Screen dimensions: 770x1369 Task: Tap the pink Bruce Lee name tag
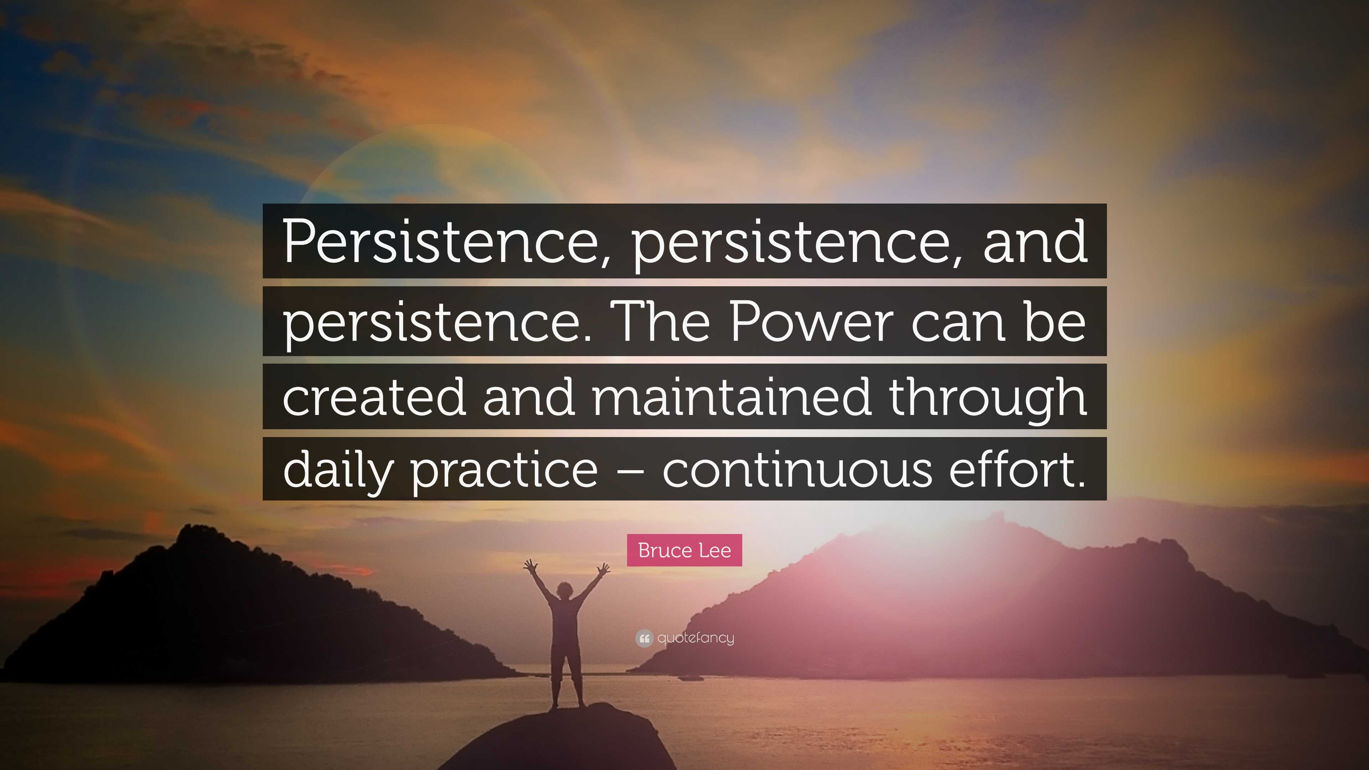[684, 550]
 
